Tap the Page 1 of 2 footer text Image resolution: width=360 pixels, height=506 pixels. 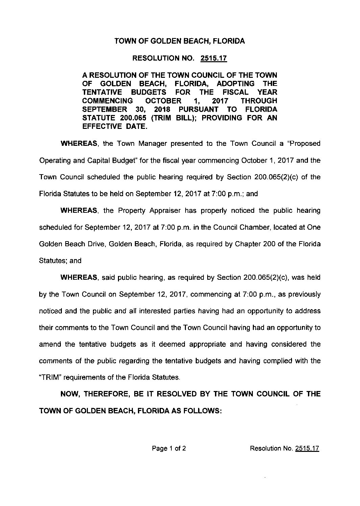(x=169, y=448)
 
